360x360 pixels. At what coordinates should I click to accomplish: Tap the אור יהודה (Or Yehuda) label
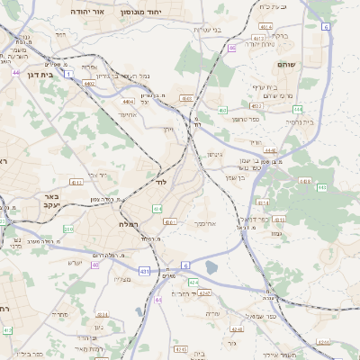point(86,12)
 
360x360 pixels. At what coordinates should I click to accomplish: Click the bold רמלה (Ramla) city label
point(127,223)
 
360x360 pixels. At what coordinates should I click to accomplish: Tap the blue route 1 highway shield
point(69,74)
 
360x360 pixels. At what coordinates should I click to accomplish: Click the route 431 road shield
point(144,270)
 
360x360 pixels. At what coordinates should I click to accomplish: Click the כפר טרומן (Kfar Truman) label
point(245,119)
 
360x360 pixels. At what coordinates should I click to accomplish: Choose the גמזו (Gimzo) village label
point(275,233)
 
